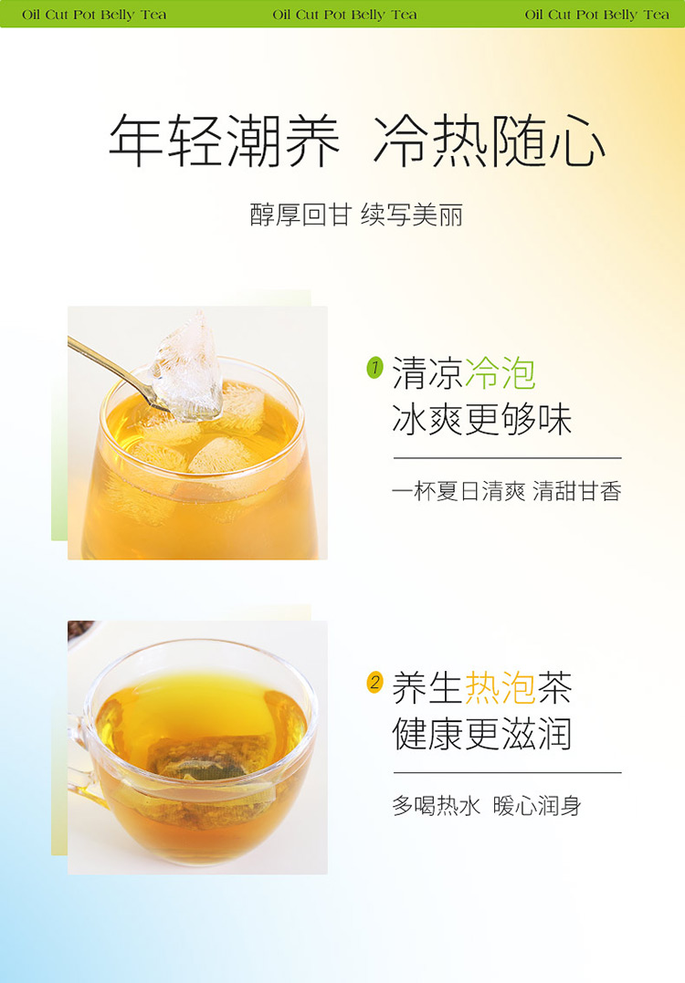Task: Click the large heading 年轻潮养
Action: [x=224, y=141]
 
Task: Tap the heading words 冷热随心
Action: [x=490, y=141]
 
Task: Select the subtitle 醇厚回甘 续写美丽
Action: [x=356, y=215]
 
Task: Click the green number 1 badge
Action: [x=374, y=368]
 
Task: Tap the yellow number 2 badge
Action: [x=374, y=682]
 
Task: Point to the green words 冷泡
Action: [x=500, y=373]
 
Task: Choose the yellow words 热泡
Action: [x=500, y=687]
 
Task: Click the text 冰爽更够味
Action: [x=481, y=420]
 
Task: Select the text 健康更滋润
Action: [x=481, y=734]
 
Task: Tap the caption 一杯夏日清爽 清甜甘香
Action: [x=507, y=491]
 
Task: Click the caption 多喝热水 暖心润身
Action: [x=487, y=806]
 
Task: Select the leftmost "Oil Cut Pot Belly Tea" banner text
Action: [x=94, y=15]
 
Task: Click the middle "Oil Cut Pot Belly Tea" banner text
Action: [x=345, y=15]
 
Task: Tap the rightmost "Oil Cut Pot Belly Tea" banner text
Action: [x=597, y=15]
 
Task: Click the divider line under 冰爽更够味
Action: [x=508, y=458]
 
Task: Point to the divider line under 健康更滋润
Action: [x=508, y=773]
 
